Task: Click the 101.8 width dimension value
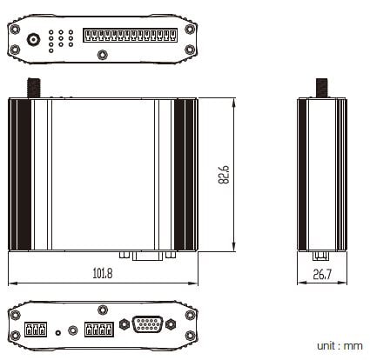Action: coord(103,273)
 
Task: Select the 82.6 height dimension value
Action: coord(224,175)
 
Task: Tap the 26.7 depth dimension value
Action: coord(322,274)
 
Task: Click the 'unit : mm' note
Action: coord(340,346)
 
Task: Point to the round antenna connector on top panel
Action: coord(34,39)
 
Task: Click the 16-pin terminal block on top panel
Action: coord(130,36)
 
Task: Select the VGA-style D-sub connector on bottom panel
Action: coord(147,324)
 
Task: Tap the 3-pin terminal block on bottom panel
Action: coord(36,330)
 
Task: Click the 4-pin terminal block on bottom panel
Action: coord(99,330)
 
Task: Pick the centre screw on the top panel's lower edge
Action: coord(102,55)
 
